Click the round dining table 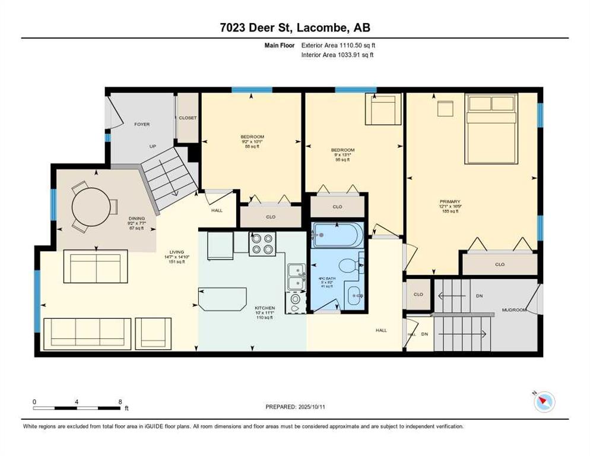coord(91,207)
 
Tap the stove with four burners coord(262,243)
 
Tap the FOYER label coord(142,124)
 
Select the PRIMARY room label coord(450,201)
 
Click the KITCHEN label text coord(264,308)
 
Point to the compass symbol coord(543,403)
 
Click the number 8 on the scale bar coord(120,402)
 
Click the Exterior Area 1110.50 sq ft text coord(337,45)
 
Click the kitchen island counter coord(223,298)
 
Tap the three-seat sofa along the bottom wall coord(88,332)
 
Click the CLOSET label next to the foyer coord(188,118)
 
